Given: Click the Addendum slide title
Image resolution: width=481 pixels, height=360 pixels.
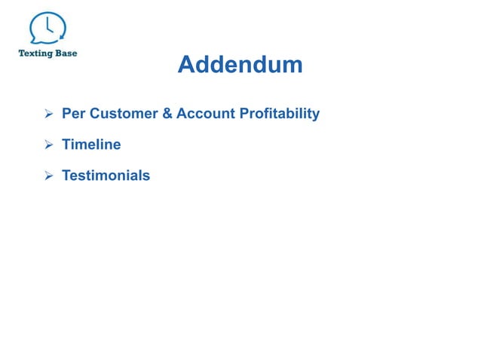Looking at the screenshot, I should point(240,66).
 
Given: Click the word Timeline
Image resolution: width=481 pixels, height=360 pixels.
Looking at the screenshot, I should point(90,145).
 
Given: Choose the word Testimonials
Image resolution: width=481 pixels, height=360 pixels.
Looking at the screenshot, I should point(105,175).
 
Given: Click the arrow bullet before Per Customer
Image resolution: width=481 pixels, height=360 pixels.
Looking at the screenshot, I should point(47,114).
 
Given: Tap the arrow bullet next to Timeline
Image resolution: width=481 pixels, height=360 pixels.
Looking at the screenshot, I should point(47,145).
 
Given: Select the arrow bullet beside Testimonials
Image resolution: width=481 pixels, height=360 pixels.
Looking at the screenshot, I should point(47,176).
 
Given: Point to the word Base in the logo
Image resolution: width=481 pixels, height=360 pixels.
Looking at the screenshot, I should point(66,54).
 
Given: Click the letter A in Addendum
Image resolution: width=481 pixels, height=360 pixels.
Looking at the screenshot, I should point(185,66).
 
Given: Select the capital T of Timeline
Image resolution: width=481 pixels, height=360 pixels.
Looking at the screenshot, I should point(66,145).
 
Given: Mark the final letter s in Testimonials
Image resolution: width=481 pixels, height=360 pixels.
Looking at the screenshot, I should point(146,176).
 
